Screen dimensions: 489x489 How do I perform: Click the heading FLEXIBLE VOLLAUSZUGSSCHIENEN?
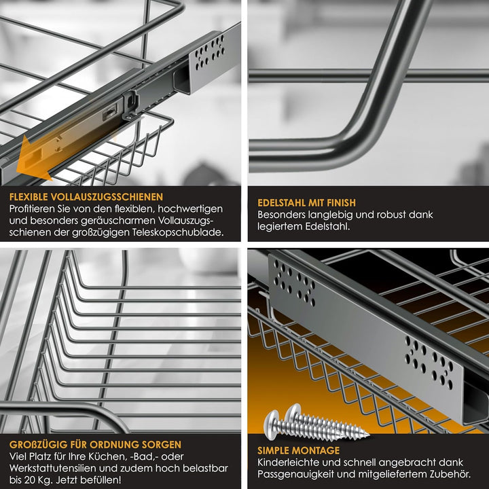86,197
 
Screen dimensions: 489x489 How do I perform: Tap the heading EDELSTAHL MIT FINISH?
306,202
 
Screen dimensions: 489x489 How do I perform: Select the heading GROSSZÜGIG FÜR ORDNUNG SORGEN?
96,444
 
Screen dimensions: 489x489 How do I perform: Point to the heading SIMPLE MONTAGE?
298,450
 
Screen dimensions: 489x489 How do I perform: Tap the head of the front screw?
271,424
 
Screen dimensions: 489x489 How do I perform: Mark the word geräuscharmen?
118,221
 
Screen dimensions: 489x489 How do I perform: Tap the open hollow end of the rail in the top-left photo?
182,80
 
